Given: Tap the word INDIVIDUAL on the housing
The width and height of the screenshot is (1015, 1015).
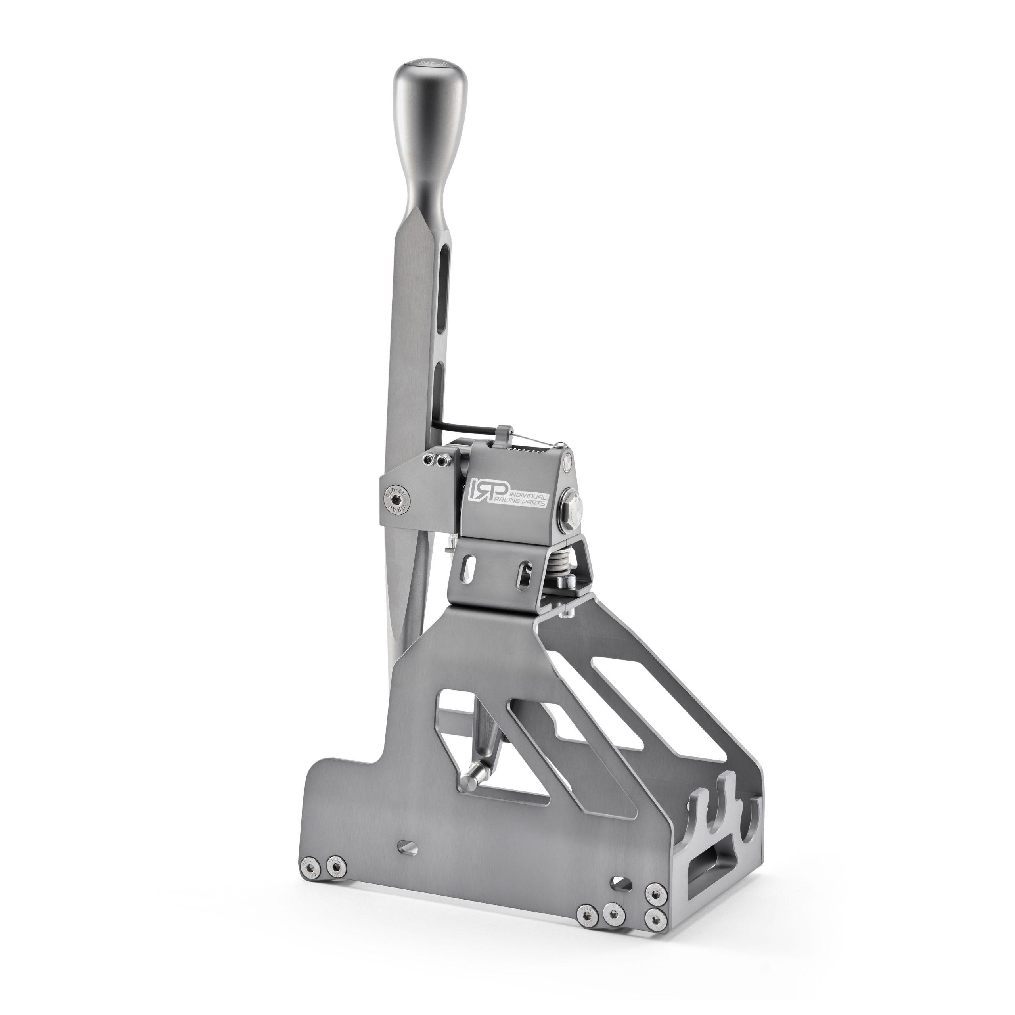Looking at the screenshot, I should [x=523, y=482].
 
